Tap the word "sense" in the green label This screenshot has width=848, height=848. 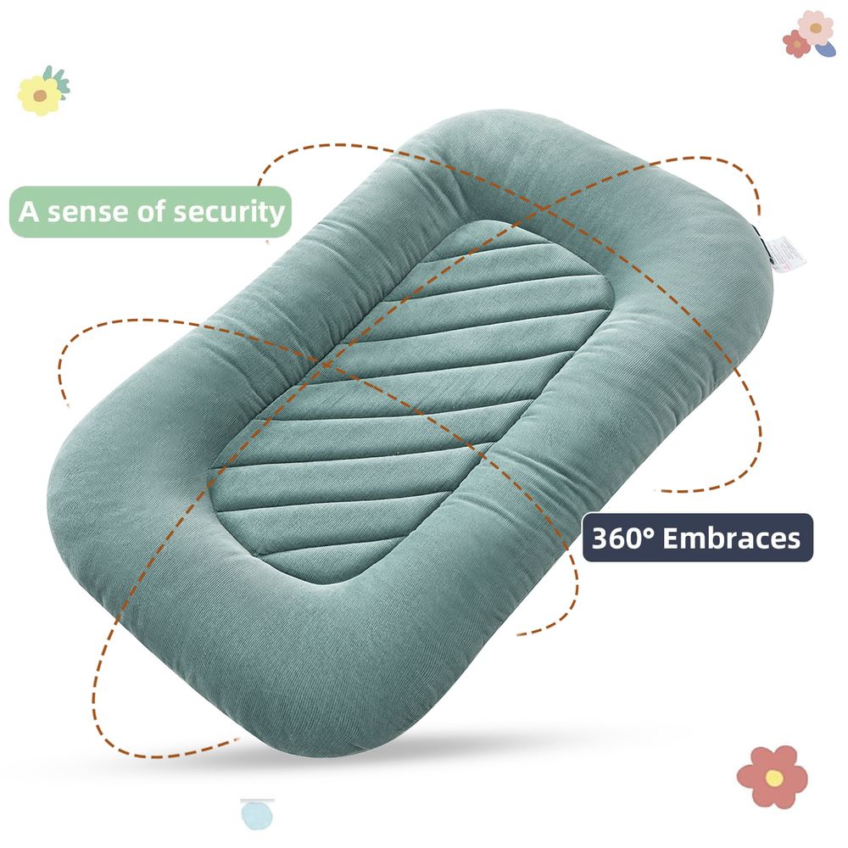(88, 211)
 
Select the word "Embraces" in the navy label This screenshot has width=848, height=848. (731, 538)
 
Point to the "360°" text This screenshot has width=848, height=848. (623, 538)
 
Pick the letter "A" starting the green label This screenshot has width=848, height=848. (29, 211)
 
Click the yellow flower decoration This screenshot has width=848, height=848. (39, 95)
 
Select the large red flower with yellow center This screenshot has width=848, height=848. (773, 777)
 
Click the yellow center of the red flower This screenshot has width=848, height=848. (774, 778)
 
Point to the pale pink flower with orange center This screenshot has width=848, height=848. (816, 28)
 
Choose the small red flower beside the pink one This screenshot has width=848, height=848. (796, 43)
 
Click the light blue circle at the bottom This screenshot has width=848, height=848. (258, 815)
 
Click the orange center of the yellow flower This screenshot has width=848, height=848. (40, 96)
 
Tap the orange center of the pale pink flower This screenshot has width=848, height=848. (816, 28)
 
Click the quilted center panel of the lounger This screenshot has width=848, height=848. (411, 400)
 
